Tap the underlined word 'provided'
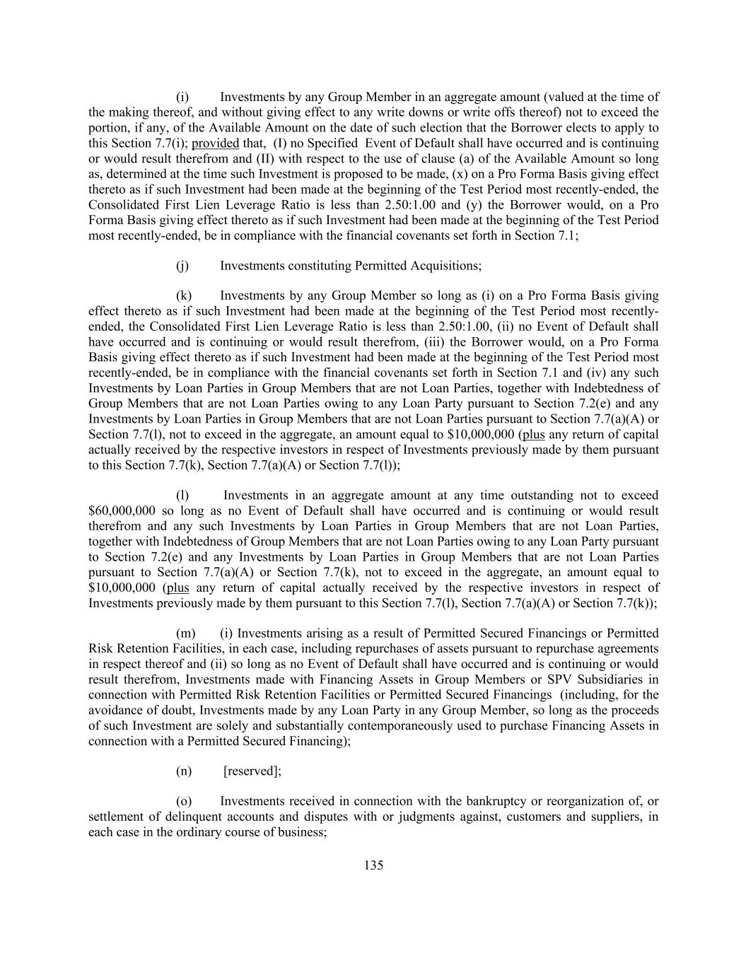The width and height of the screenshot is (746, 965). click(x=215, y=144)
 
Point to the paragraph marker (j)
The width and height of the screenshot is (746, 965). click(x=183, y=266)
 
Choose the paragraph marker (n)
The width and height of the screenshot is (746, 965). click(x=184, y=771)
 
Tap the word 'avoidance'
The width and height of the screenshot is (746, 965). click(x=114, y=710)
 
